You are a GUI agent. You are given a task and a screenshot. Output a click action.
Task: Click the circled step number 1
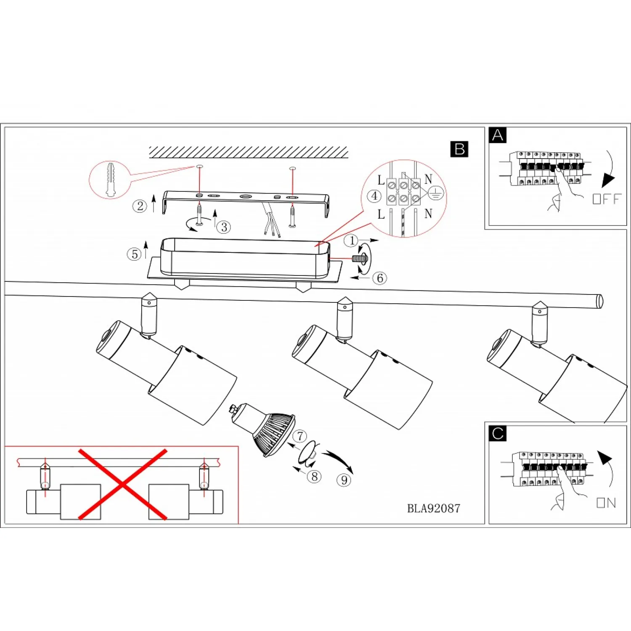pos(351,241)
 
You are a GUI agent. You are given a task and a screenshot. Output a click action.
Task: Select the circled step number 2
pos(140,206)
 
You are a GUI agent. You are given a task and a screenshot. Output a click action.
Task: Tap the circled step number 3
pos(224,227)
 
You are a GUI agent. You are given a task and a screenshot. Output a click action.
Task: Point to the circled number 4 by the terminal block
pos(374,196)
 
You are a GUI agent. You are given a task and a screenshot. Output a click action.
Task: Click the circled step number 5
pos(134,254)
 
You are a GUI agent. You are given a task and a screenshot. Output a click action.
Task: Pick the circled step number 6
pos(379,278)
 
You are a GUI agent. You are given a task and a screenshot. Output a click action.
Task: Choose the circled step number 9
pos(344,480)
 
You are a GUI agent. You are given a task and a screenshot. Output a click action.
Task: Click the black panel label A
pos(498,135)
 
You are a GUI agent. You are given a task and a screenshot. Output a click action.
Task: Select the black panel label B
pos(459,149)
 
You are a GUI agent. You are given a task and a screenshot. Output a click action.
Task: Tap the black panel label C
pos(498,433)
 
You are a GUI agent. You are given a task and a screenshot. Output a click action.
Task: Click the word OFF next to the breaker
pos(607,199)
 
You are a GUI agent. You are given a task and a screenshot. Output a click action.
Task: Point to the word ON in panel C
pos(606,503)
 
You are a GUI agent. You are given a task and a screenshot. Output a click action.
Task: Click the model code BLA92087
pos(433,509)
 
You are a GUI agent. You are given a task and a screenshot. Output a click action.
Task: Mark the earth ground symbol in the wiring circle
pos(436,194)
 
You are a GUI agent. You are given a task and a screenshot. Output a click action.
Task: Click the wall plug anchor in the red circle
pos(110,180)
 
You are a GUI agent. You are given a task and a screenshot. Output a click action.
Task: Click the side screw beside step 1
pos(360,259)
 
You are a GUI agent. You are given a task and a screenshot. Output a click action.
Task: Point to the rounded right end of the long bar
pos(599,301)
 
